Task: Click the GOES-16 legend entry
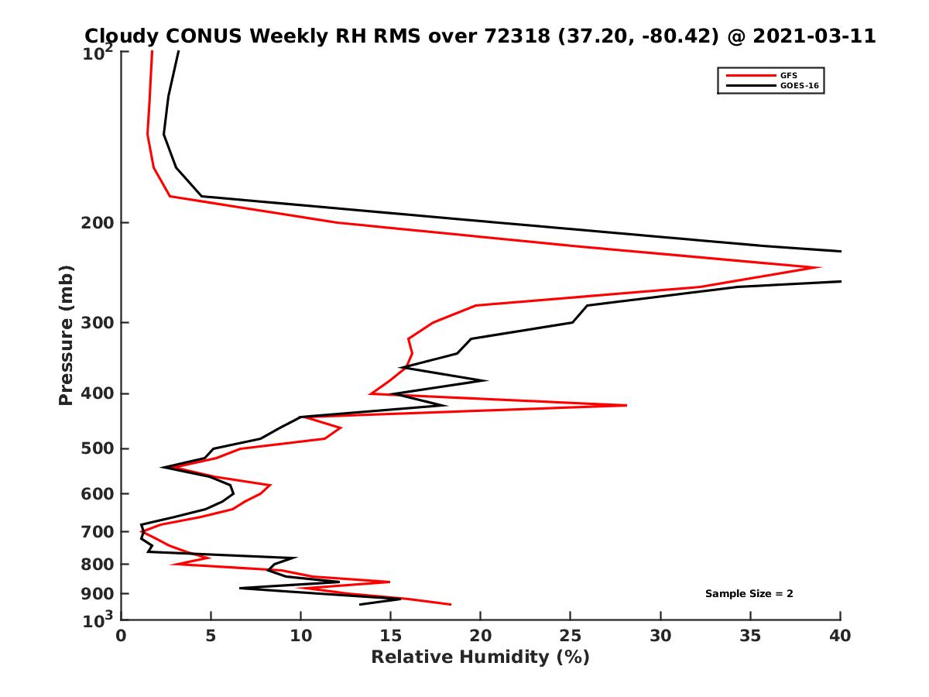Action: pos(797,85)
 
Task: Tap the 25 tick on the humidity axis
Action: pos(571,636)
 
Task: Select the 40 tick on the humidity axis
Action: pos(840,636)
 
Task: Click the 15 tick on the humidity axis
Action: pos(390,636)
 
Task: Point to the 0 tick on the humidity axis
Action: pos(121,636)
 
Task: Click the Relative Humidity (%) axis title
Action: pos(480,658)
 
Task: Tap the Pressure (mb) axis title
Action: pos(66,335)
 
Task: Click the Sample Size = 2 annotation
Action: pos(749,594)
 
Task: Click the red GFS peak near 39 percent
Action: pos(820,268)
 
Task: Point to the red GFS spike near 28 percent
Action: pos(626,405)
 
